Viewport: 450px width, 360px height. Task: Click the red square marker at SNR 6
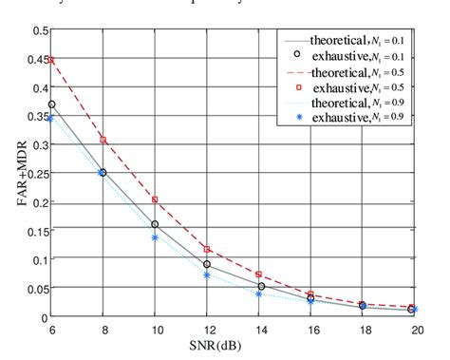click(51, 60)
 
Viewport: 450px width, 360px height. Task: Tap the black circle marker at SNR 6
click(51, 104)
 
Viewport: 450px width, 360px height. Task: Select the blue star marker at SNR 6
click(51, 119)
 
